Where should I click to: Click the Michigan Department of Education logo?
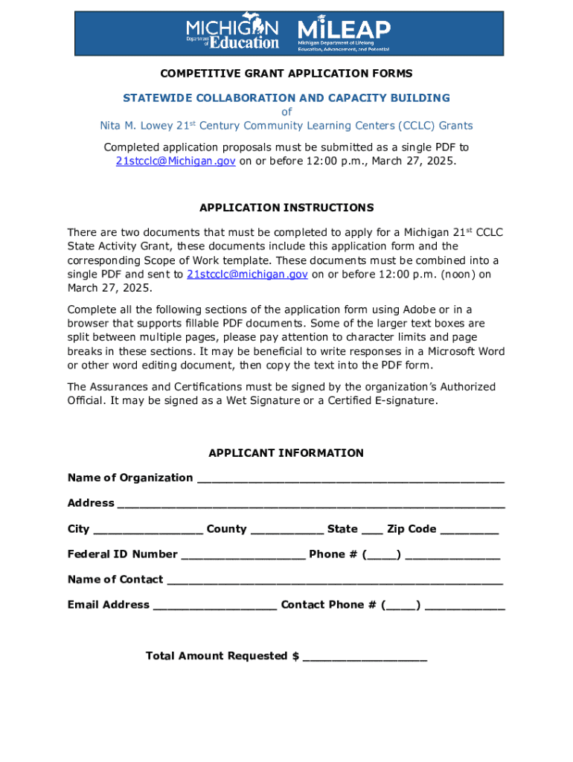[232, 33]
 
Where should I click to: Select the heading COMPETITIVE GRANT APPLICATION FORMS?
[286, 74]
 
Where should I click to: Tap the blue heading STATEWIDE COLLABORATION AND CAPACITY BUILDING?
[286, 98]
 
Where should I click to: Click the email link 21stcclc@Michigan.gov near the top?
[176, 161]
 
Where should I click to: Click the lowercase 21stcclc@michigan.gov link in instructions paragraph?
[247, 275]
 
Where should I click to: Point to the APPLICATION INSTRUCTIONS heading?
[286, 208]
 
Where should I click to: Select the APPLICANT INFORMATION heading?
[286, 453]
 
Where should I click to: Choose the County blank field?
[287, 531]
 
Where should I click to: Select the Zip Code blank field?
[470, 531]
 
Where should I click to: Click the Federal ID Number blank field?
[243, 556]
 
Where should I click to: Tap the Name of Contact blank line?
[335, 581]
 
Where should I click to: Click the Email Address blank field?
[215, 606]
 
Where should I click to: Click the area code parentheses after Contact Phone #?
[401, 605]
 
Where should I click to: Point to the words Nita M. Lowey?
[137, 126]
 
